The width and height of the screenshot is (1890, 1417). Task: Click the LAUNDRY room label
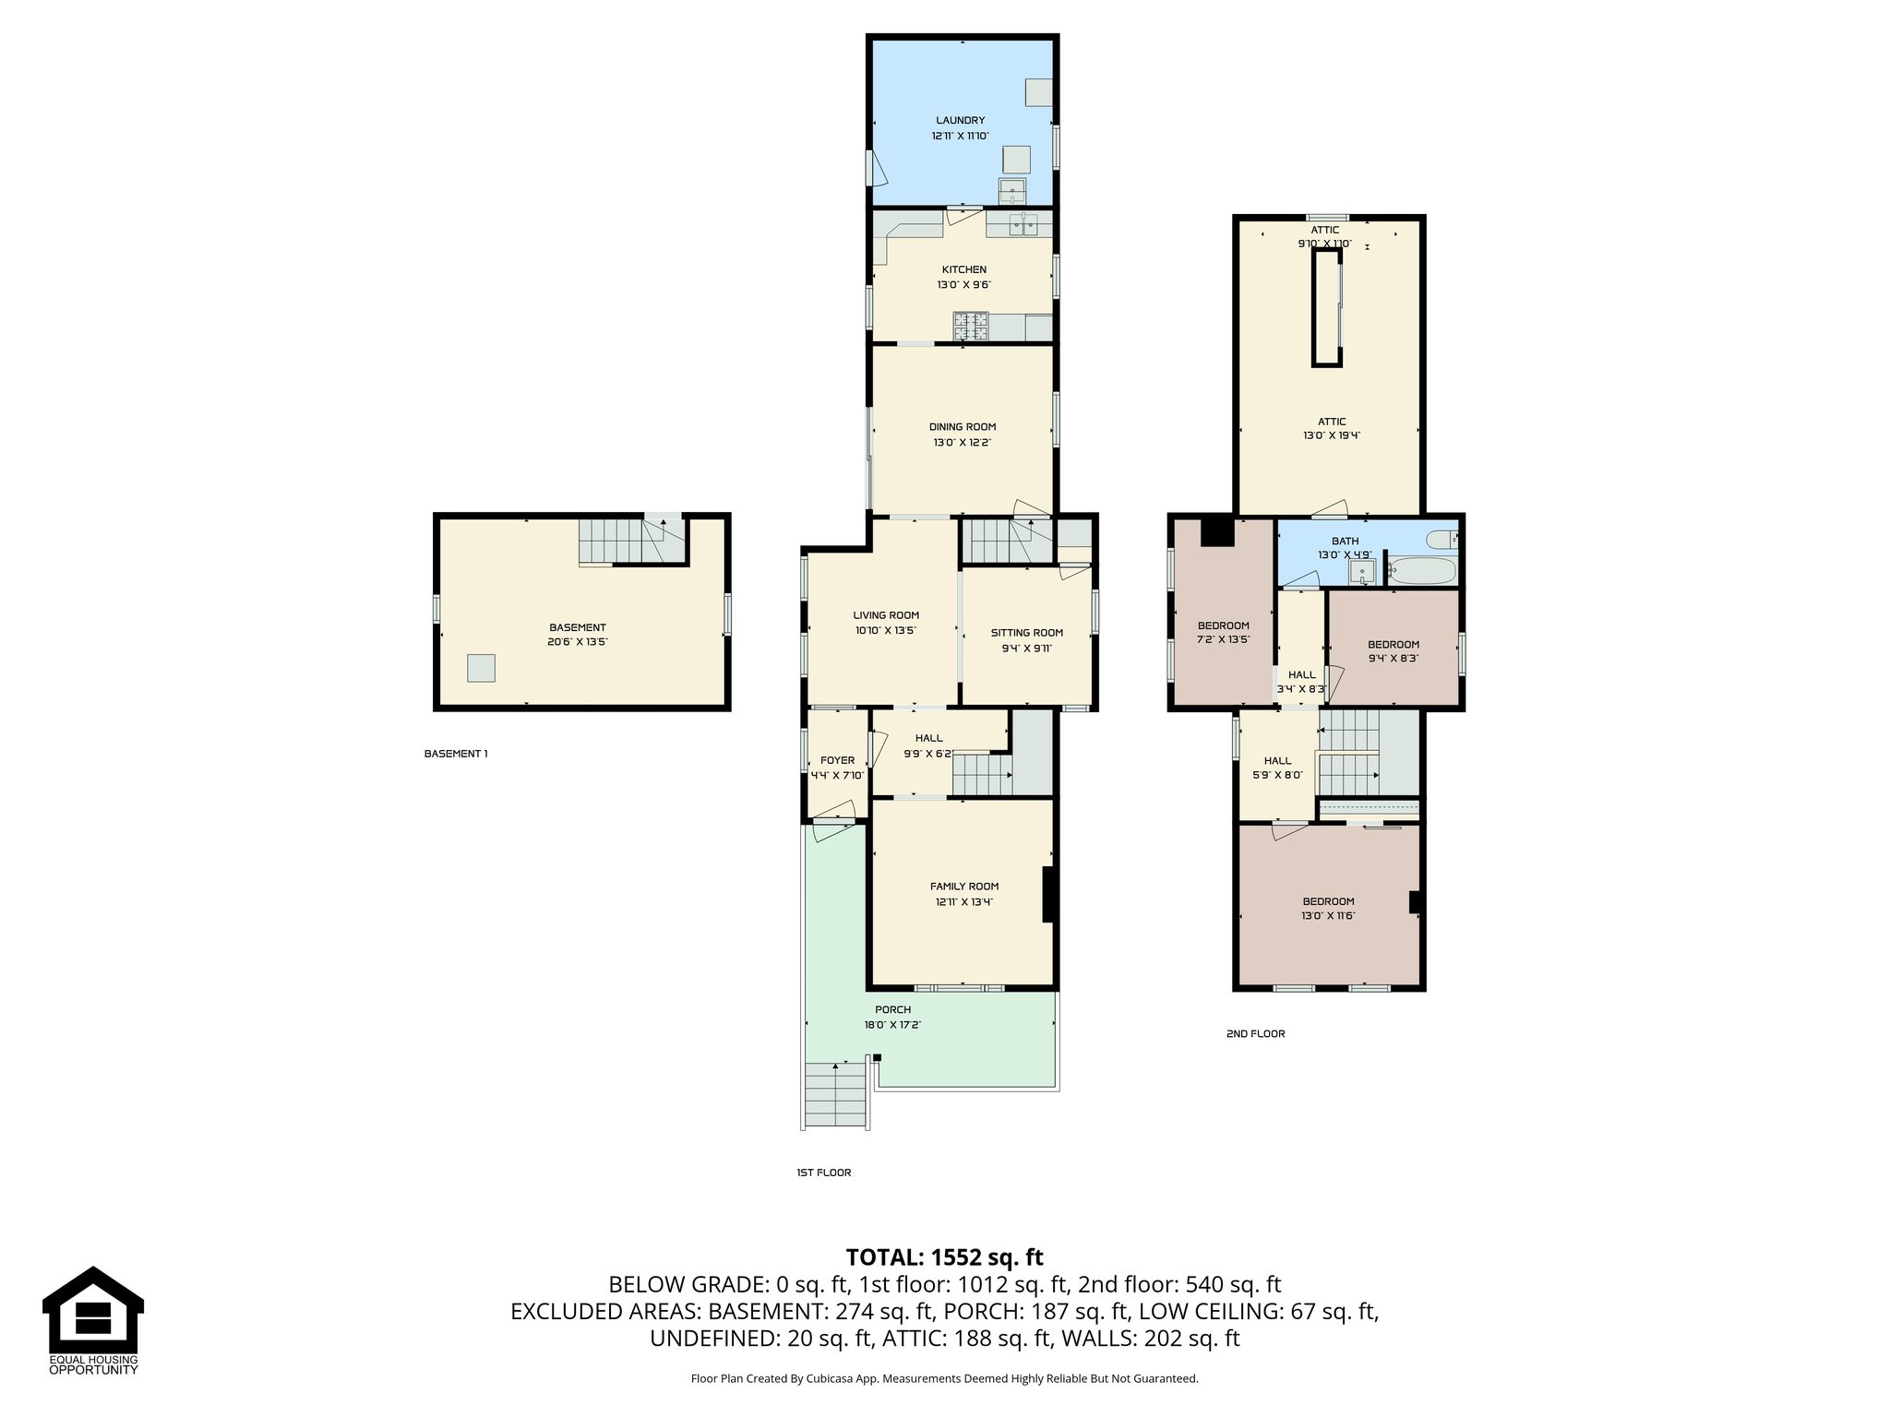(960, 120)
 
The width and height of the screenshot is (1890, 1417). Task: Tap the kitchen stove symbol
(970, 324)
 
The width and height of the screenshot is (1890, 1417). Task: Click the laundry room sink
(1012, 192)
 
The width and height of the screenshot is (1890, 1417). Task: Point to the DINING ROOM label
(962, 427)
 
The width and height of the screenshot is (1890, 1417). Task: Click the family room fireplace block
(1049, 894)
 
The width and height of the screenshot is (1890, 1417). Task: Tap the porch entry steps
(836, 1095)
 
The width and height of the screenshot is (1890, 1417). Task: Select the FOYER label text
(837, 760)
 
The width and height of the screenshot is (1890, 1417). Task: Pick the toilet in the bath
(1441, 539)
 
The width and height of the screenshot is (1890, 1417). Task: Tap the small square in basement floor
(481, 667)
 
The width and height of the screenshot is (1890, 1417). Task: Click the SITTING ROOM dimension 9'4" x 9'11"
(1026, 648)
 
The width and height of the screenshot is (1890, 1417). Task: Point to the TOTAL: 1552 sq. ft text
(944, 1257)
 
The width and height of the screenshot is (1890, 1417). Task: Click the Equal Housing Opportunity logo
(93, 1320)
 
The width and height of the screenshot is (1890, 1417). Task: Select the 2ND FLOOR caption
(1255, 1033)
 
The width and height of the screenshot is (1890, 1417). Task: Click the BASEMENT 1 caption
(455, 754)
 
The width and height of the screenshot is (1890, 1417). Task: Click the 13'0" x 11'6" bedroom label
(1328, 915)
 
